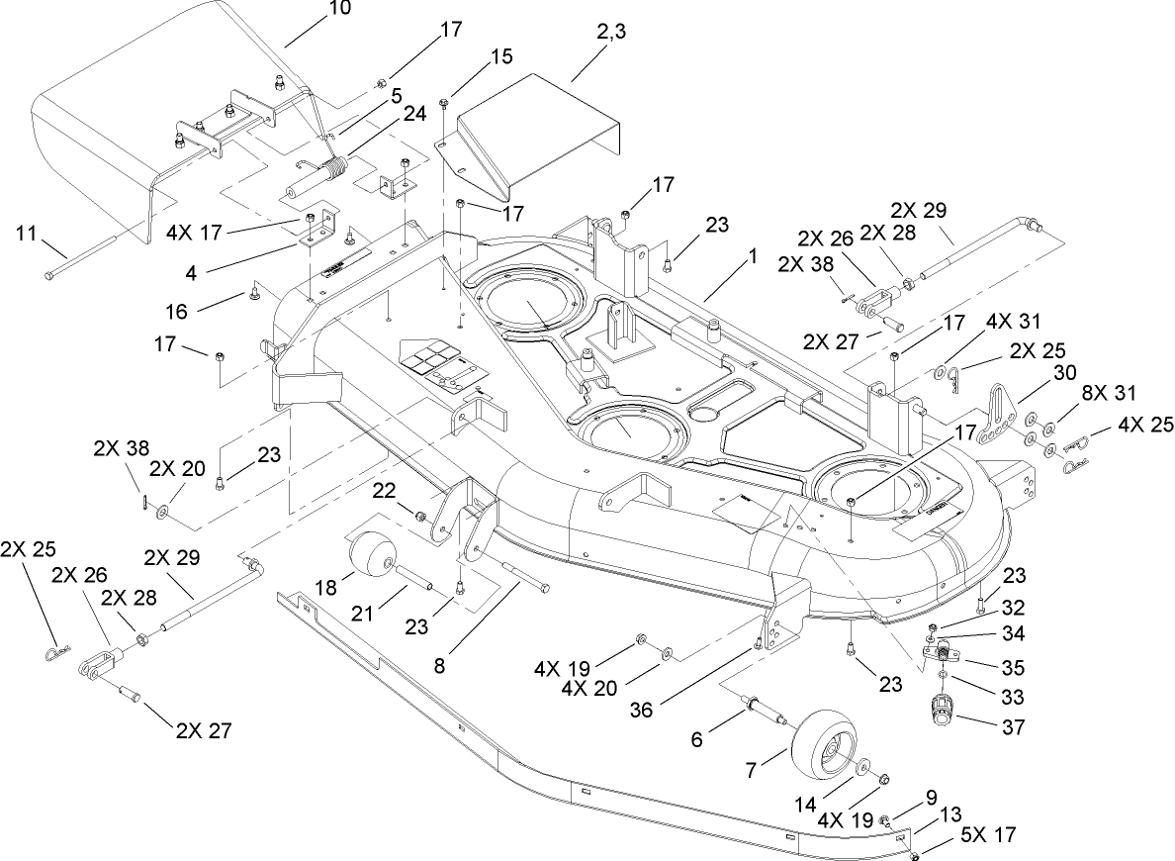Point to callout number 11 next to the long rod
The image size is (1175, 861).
[x=28, y=234]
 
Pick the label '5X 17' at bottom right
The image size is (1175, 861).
[x=987, y=833]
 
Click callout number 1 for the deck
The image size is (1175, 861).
[x=753, y=254]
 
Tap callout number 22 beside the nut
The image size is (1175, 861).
[x=386, y=489]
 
